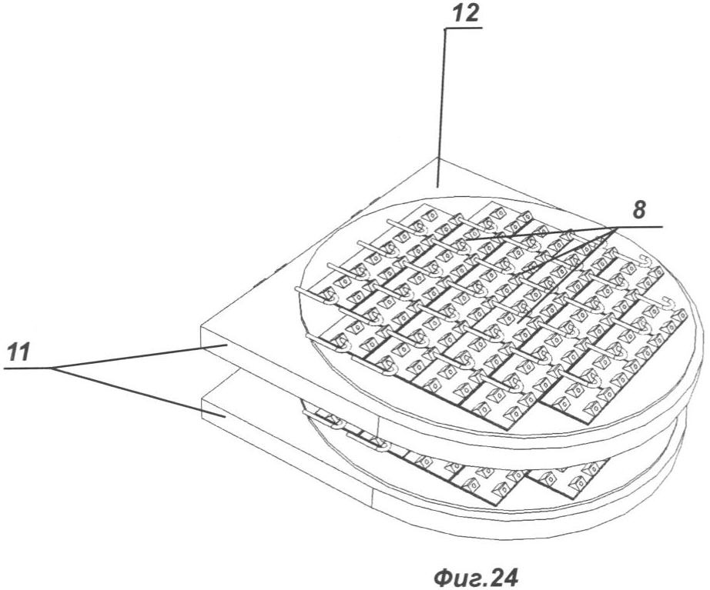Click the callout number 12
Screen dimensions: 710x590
(465, 14)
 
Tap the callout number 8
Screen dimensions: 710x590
(638, 211)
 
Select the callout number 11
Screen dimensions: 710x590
(18, 352)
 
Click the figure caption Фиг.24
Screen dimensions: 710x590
(475, 577)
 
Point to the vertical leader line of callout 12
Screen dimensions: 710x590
(442, 107)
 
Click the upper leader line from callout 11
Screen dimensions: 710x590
(139, 357)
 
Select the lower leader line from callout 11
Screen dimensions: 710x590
(139, 392)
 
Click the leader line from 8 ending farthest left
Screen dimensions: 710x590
(540, 234)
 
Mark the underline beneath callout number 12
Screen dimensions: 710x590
(464, 28)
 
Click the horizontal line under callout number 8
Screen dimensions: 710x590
(639, 226)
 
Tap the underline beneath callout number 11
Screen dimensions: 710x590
(28, 368)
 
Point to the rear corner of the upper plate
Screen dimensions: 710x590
(438, 158)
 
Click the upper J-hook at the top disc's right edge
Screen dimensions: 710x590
(646, 261)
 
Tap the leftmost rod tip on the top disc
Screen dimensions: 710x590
(297, 288)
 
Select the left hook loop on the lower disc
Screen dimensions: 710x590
(337, 425)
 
